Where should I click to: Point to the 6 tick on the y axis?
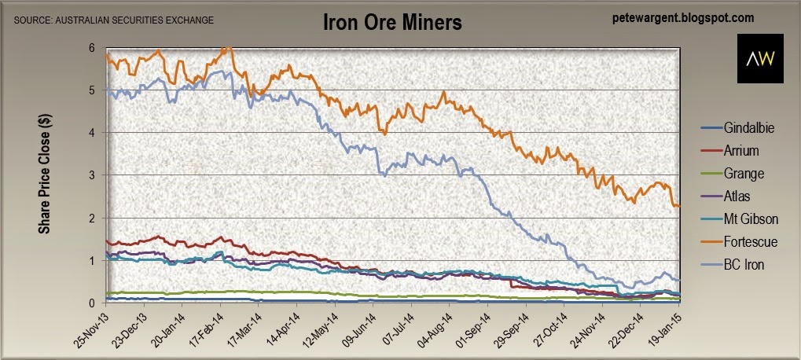[x=92, y=48]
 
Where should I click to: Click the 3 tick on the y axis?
[x=92, y=175]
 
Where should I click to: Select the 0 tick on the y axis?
[x=92, y=303]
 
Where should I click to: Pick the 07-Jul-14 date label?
[x=399, y=330]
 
